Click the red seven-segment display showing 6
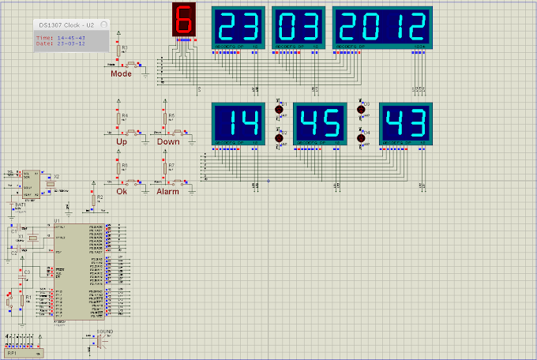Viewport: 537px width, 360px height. tap(183, 19)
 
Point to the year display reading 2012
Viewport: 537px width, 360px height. tap(383, 28)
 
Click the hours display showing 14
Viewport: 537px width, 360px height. tap(239, 123)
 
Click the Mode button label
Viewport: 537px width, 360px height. tap(121, 73)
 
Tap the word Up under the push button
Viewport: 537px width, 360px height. tap(121, 141)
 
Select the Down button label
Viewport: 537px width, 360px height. tap(168, 141)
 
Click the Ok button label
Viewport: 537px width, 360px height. tap(121, 191)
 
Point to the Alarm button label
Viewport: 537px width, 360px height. tap(167, 191)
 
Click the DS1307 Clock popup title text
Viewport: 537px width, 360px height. tap(67, 25)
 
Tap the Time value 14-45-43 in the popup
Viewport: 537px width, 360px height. tap(71, 38)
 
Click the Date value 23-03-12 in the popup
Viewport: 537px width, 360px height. tap(71, 44)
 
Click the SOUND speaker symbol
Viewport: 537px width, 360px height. tap(102, 341)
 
